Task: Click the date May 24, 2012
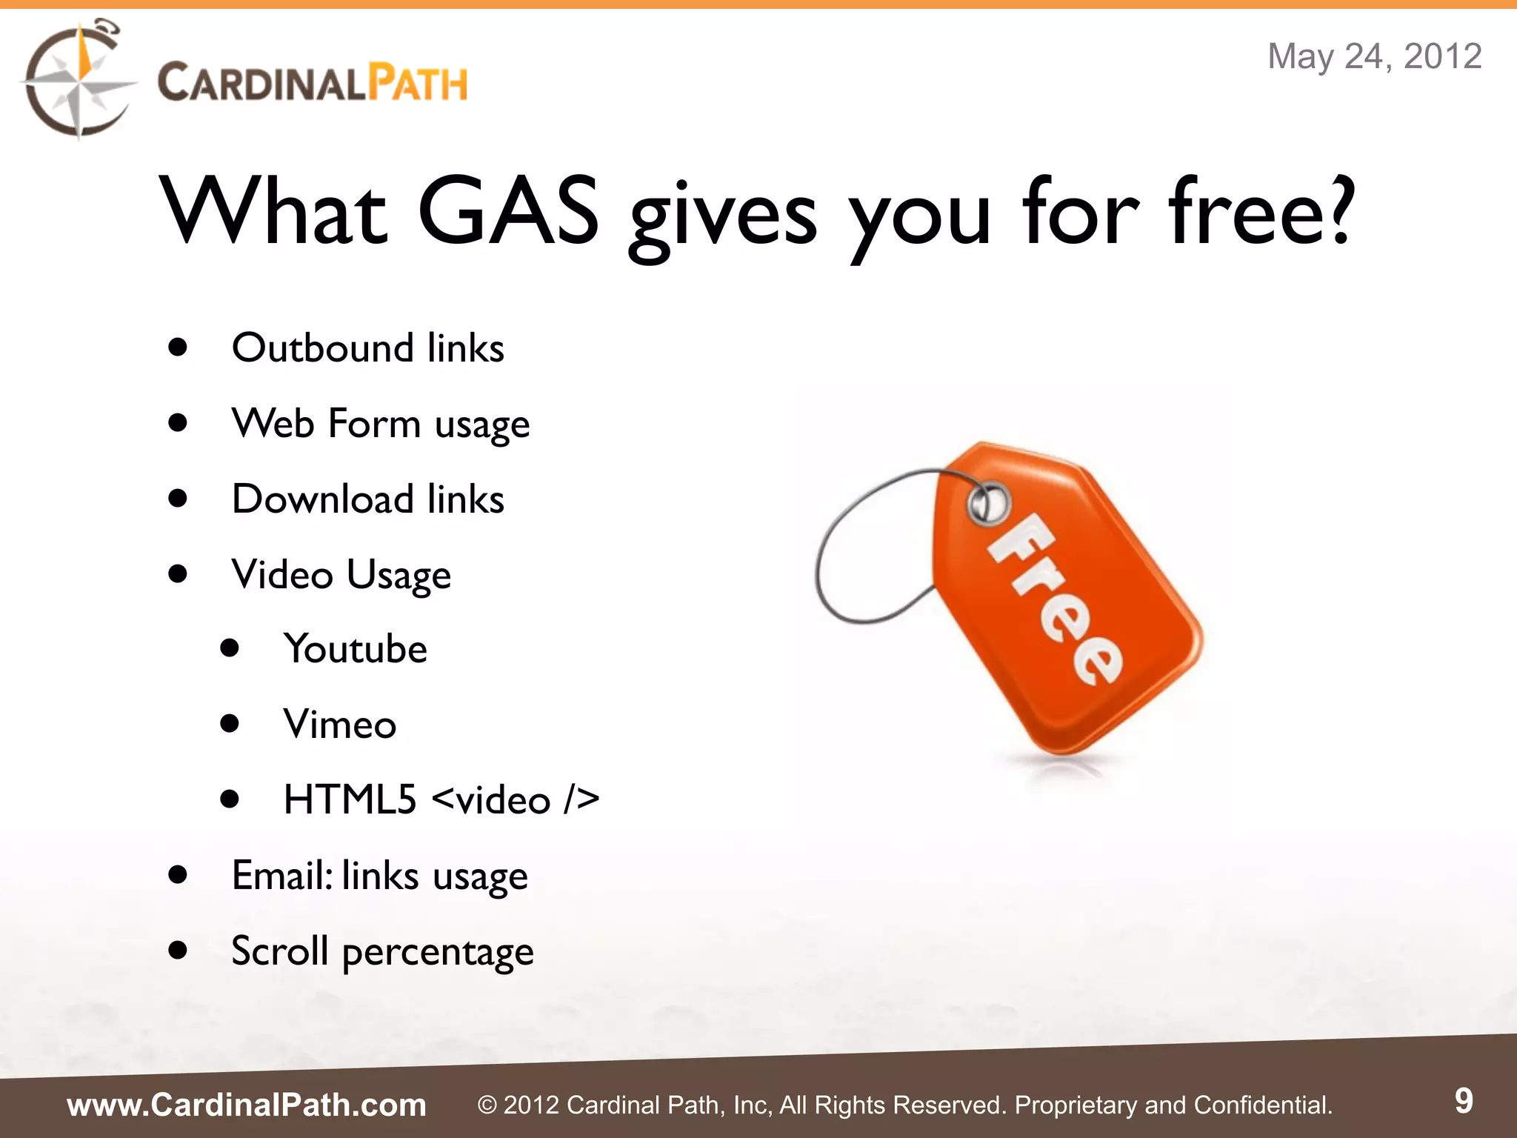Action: click(1374, 56)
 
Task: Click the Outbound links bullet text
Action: click(367, 347)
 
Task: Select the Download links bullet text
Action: click(367, 499)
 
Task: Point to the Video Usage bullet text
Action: click(341, 575)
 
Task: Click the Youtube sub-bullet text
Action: click(355, 649)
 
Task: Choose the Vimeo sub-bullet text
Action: click(339, 725)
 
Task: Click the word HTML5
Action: click(350, 800)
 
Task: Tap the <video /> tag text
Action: click(516, 800)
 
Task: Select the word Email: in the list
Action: click(282, 876)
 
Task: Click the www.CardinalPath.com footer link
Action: click(247, 1105)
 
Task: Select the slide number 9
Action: click(1464, 1101)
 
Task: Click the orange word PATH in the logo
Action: click(419, 83)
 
